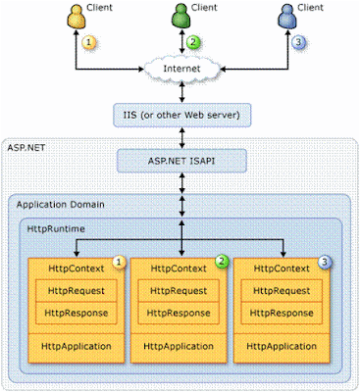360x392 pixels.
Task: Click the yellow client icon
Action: coord(77,17)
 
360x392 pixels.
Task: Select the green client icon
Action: coord(180,17)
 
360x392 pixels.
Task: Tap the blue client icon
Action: coord(287,17)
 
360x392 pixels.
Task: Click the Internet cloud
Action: coord(181,69)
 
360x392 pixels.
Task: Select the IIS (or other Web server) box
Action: coord(182,115)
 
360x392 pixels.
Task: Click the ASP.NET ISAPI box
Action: coord(181,161)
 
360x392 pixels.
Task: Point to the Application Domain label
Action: coord(61,205)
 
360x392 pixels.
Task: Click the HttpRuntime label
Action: coord(56,228)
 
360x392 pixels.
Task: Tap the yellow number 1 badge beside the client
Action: coord(89,42)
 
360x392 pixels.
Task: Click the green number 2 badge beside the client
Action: coord(193,42)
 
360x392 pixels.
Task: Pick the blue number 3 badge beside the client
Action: coord(297,42)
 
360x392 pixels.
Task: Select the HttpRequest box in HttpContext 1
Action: coord(77,291)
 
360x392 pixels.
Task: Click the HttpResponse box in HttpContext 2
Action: coord(179,313)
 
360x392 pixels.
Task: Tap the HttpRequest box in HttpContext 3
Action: coord(282,291)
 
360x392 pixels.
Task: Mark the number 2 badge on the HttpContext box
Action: coord(222,262)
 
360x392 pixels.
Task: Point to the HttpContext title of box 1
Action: coord(77,269)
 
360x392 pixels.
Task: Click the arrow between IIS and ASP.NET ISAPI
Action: coord(182,138)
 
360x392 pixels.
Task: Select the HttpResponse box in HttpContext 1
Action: coord(77,313)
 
